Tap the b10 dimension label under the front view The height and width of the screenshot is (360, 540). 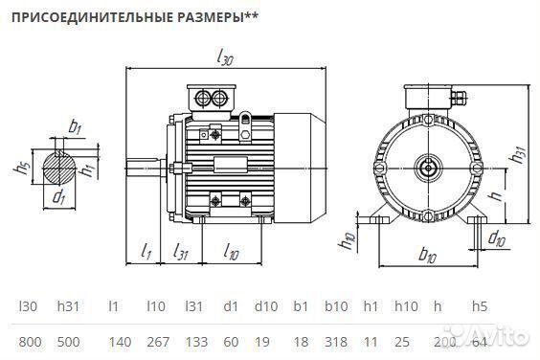(x=428, y=256)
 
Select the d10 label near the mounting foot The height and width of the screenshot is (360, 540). (x=496, y=237)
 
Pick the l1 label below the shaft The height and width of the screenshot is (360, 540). (x=146, y=251)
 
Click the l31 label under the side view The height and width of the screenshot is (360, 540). (x=180, y=251)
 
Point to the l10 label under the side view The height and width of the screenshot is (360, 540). (x=231, y=251)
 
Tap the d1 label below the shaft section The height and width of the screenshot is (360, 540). (x=58, y=198)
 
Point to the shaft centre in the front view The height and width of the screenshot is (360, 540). (x=427, y=169)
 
